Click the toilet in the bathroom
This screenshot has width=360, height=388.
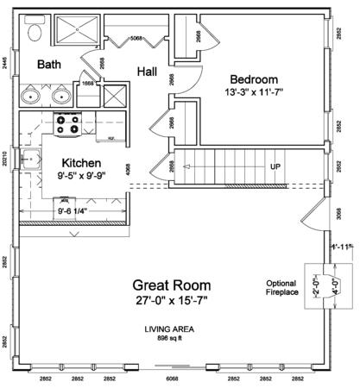[x=33, y=31]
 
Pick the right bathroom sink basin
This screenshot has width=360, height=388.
[x=63, y=94]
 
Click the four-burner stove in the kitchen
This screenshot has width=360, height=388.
[x=68, y=125]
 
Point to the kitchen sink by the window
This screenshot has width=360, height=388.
[x=31, y=157]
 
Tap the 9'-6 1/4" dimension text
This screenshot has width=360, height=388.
[x=76, y=208]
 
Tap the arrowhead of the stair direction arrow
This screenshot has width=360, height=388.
[x=183, y=166]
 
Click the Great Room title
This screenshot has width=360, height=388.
[x=171, y=285]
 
